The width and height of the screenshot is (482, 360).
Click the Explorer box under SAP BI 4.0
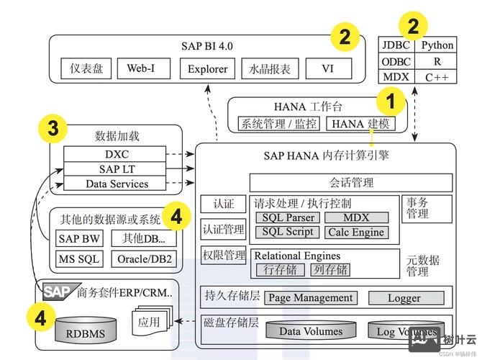tap(208, 69)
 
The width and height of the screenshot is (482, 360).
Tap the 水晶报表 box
tap(270, 69)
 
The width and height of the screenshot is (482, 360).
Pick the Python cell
tap(437, 45)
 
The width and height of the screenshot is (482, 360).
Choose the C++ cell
tap(437, 77)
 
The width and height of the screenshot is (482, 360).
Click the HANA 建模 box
tap(360, 123)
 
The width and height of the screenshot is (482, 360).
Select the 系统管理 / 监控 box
tap(278, 123)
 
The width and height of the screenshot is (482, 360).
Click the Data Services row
tap(117, 184)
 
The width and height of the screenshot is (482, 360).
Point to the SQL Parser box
tap(287, 217)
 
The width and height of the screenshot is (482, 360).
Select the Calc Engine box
tap(356, 233)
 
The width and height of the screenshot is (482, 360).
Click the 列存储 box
tap(330, 269)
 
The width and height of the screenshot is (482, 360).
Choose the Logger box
tap(404, 297)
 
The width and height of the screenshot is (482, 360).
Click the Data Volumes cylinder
tap(311, 331)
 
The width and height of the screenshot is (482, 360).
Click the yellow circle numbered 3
tap(52, 130)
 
